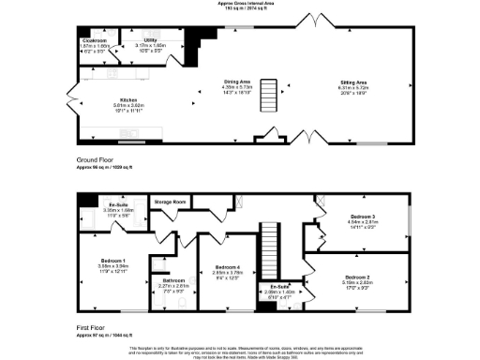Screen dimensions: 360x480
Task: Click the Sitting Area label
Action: tap(352, 83)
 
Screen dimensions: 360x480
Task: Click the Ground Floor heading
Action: tap(96, 160)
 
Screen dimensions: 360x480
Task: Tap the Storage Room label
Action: tap(171, 202)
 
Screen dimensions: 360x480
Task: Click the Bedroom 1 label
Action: tap(112, 260)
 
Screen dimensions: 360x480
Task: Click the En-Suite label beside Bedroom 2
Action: tap(280, 286)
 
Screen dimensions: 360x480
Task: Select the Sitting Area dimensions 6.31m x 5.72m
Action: tap(352, 89)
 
